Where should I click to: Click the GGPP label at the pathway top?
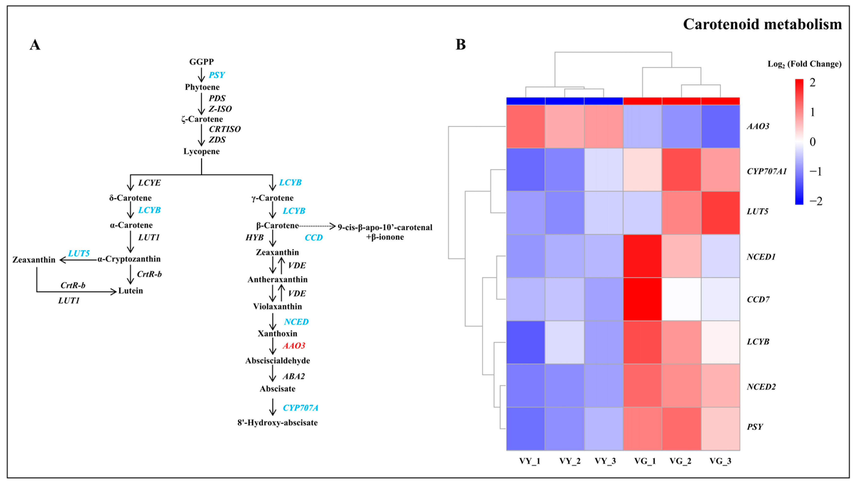201,62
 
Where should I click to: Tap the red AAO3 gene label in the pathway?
294,346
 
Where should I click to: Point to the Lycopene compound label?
201,152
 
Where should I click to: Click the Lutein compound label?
130,291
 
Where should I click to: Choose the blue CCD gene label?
314,238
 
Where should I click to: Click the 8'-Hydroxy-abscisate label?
278,423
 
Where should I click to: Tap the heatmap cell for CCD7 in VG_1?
642,299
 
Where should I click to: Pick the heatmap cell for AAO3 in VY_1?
525,126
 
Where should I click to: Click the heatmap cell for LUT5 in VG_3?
720,213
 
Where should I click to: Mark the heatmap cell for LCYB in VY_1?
525,342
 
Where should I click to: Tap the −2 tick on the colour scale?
816,201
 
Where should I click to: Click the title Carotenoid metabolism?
762,25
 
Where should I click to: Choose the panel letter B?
460,44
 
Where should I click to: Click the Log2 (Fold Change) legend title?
804,64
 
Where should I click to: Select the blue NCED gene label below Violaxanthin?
296,322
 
